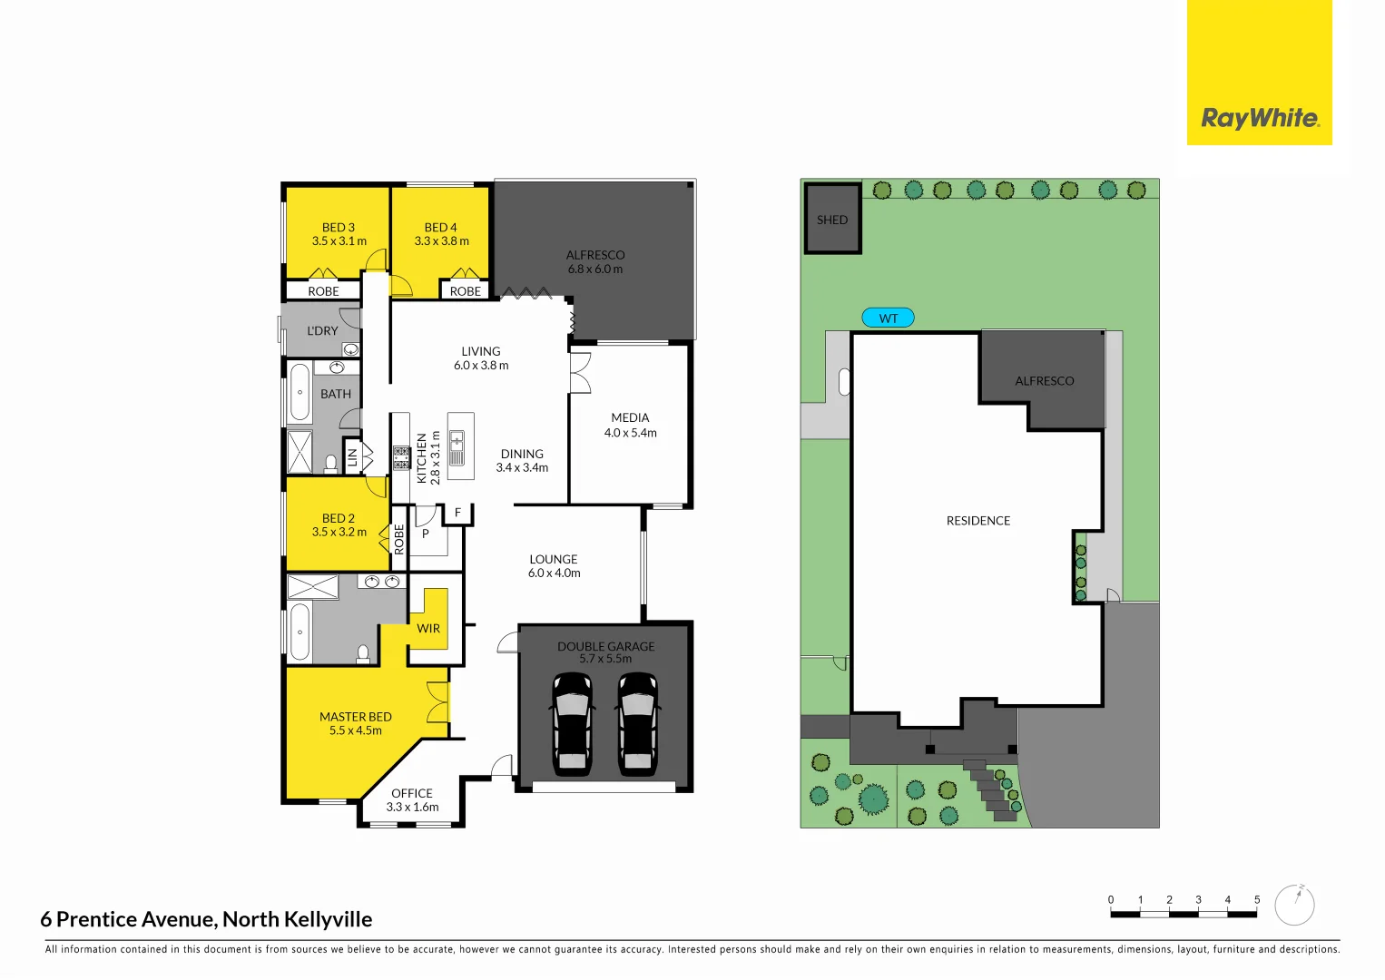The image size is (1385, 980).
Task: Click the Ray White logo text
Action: (1260, 118)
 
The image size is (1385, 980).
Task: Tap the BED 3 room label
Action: (339, 228)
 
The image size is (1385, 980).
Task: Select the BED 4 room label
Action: (441, 228)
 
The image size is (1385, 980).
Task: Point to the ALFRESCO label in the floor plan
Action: (595, 255)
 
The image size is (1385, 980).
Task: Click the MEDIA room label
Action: (630, 417)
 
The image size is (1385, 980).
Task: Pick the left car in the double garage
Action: (572, 723)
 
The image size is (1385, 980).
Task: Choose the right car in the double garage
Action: (638, 723)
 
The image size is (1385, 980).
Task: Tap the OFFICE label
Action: (412, 793)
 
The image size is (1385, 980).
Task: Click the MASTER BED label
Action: (356, 717)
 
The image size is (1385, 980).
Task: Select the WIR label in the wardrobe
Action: (428, 628)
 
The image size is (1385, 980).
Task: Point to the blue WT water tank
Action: (888, 318)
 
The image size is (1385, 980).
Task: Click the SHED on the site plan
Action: (832, 220)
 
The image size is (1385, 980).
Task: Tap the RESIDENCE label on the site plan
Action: (978, 521)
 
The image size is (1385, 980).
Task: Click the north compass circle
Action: (1294, 905)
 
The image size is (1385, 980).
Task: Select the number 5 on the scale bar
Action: (1257, 900)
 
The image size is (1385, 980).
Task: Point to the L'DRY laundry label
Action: (322, 331)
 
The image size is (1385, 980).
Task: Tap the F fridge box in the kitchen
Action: (458, 513)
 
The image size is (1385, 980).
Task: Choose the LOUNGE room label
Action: (554, 560)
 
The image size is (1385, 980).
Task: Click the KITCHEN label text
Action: (421, 458)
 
